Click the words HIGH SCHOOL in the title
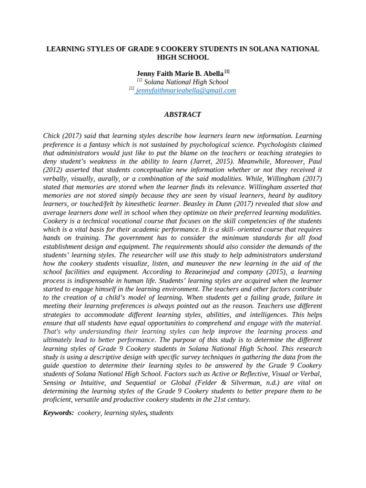(x=183, y=57)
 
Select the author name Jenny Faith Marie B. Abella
(x=180, y=73)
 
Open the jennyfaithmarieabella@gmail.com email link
(x=186, y=90)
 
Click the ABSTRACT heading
(x=183, y=114)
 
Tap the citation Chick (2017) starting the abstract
(x=63, y=136)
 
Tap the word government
(x=133, y=238)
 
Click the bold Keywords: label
(x=58, y=413)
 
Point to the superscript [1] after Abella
(x=227, y=71)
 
